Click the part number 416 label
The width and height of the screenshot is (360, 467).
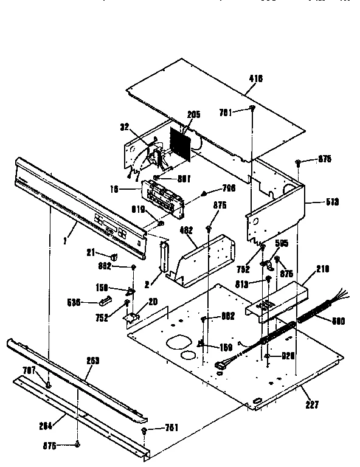coord(255,78)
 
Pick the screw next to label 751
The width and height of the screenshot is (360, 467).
coord(144,430)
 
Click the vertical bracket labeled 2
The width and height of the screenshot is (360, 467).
coord(163,257)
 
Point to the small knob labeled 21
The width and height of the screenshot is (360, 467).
coord(114,255)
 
